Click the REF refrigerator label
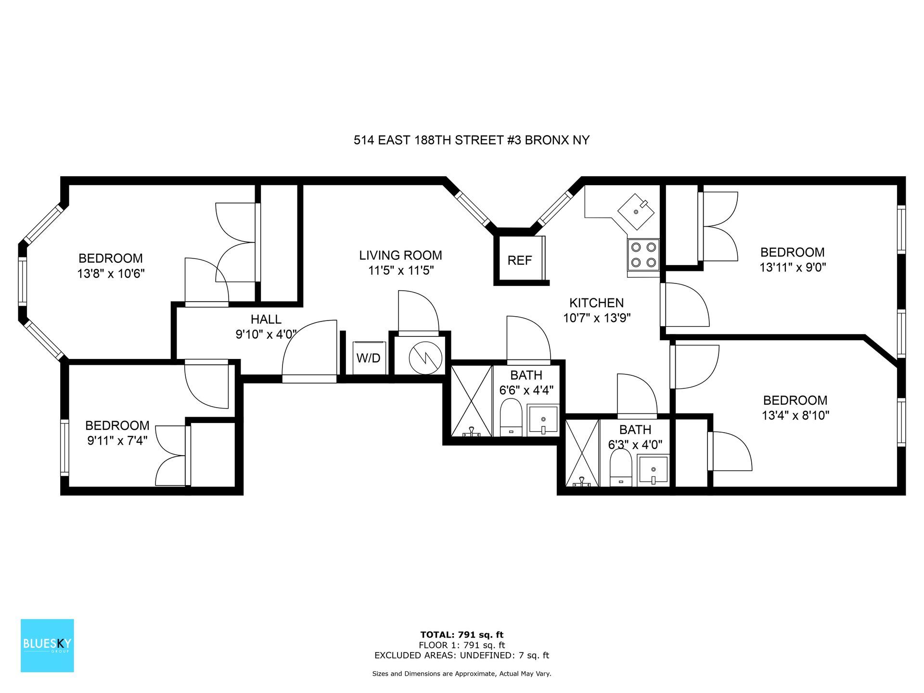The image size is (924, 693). click(x=520, y=260)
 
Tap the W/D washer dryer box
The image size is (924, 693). click(x=369, y=358)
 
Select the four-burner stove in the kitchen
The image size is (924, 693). click(x=643, y=255)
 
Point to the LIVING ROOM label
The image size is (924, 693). click(x=400, y=255)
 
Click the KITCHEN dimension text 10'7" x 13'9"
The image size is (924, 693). click(x=597, y=318)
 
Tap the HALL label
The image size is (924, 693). click(x=266, y=319)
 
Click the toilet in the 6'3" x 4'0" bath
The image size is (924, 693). click(x=620, y=468)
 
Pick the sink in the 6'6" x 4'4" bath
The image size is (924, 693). click(x=543, y=420)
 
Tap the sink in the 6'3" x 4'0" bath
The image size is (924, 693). click(x=653, y=471)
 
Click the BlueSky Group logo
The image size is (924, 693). click(x=47, y=645)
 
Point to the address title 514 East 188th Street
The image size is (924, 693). click(x=472, y=141)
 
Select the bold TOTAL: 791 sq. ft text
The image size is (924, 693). click(x=462, y=635)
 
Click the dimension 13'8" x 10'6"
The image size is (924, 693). click(x=111, y=274)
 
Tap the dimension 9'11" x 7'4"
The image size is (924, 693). click(x=117, y=440)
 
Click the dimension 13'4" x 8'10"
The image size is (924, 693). click(x=796, y=415)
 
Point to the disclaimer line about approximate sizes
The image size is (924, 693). click(x=462, y=674)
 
